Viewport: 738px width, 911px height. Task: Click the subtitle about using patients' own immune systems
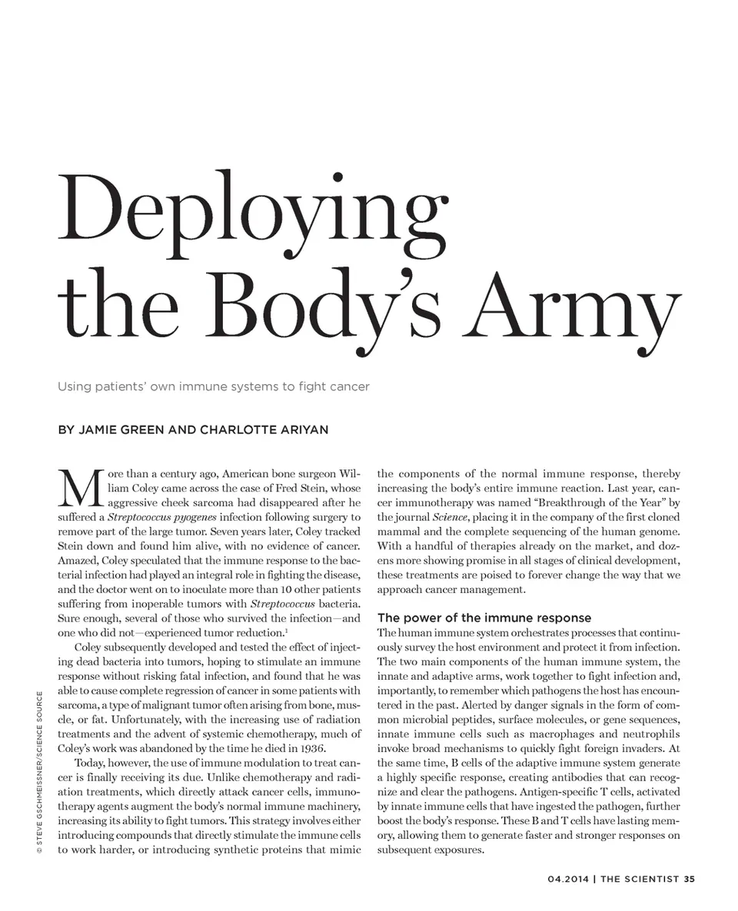[214, 386]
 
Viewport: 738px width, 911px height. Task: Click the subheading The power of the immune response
[484, 618]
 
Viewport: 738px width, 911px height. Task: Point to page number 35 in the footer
[689, 880]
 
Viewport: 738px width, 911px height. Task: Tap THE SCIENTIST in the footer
[640, 880]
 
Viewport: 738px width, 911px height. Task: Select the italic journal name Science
[450, 517]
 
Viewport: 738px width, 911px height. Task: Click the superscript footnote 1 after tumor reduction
[287, 631]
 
